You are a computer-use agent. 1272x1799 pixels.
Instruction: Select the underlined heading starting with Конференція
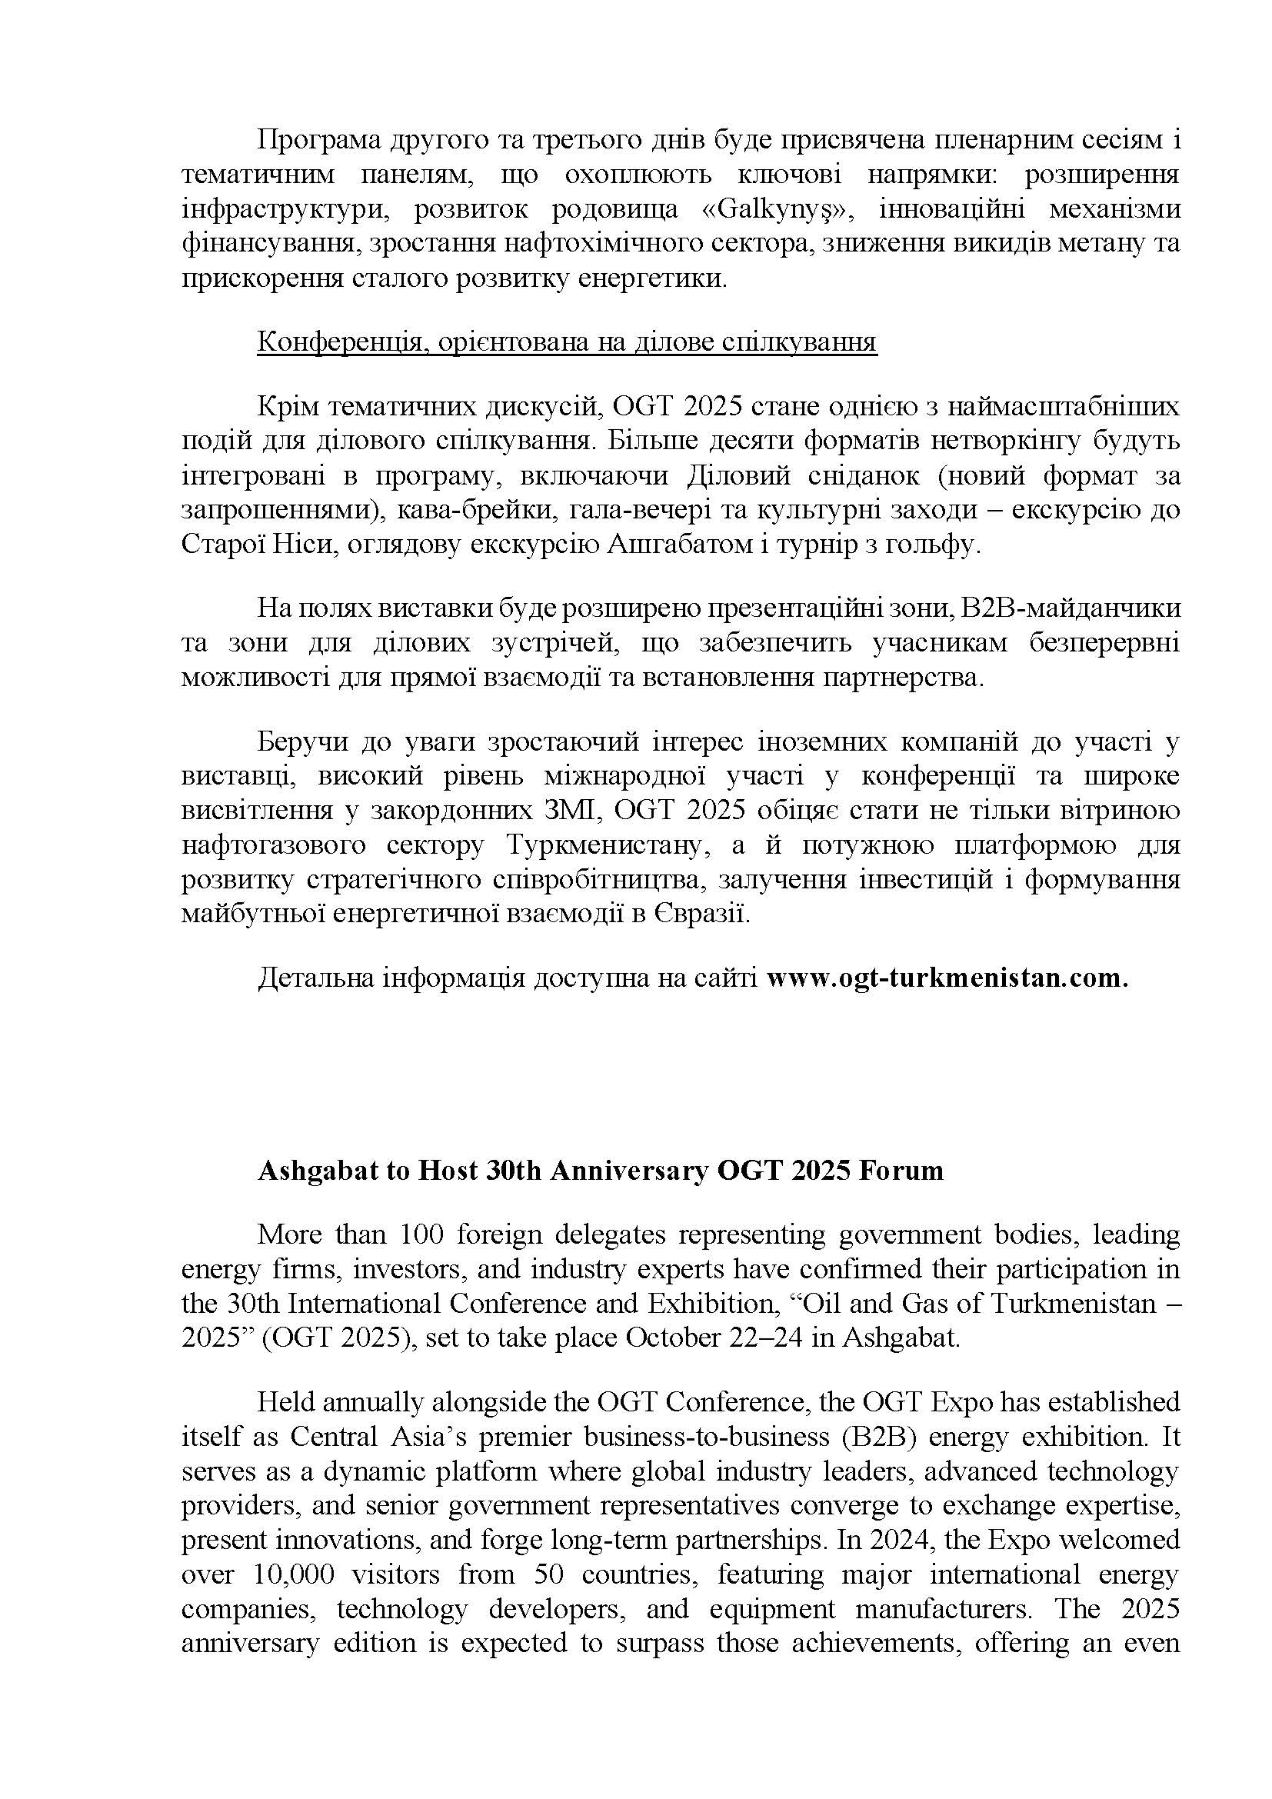click(x=566, y=342)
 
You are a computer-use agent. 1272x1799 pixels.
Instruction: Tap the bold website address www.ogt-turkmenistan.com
click(x=947, y=978)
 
